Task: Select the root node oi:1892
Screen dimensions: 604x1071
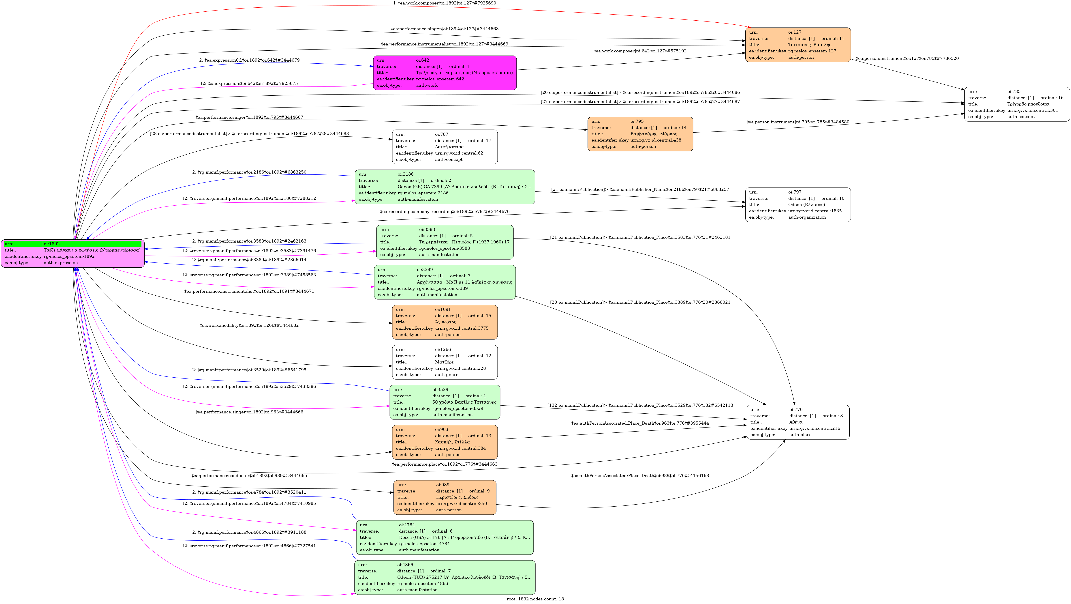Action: click(x=73, y=253)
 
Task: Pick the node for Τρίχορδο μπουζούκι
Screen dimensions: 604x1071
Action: click(x=1017, y=104)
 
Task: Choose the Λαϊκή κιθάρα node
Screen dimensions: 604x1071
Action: click(x=445, y=147)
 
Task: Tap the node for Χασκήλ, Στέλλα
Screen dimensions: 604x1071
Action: click(x=445, y=442)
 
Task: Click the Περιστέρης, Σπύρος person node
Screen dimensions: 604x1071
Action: click(x=445, y=497)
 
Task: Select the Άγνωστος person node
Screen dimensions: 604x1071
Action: click(x=445, y=322)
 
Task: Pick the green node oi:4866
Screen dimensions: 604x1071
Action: click(x=445, y=577)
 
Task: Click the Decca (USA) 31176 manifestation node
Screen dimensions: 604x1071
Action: click(x=445, y=537)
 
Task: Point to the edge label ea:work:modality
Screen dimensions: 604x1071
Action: click(x=249, y=325)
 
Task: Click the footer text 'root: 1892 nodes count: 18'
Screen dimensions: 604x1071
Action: click(x=535, y=599)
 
